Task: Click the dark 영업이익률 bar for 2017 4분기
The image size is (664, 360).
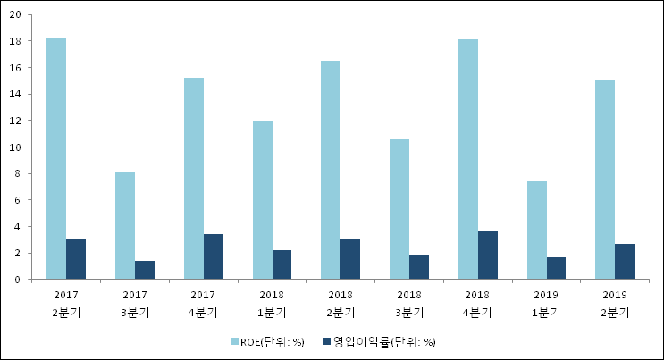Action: (214, 257)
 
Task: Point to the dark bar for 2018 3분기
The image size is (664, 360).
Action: (419, 267)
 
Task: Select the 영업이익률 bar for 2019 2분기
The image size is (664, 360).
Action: (626, 262)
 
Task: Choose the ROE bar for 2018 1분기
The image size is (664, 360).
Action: (263, 200)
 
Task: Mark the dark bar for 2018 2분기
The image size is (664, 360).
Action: (350, 259)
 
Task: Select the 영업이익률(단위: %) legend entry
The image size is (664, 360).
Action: (384, 342)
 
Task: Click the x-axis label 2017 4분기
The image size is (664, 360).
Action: (204, 303)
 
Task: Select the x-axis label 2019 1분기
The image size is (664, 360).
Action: (547, 303)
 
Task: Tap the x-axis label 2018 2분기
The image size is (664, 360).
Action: (340, 303)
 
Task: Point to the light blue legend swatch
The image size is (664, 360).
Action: (235, 342)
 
